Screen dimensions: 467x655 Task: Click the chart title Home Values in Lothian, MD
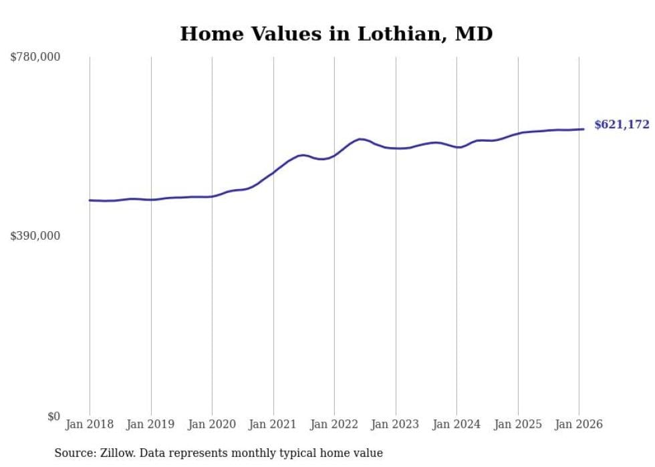pyautogui.click(x=336, y=34)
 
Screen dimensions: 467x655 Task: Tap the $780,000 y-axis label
pyautogui.click(x=35, y=57)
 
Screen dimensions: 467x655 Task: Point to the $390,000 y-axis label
pyautogui.click(x=35, y=236)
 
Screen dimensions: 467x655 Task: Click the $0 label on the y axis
pyautogui.click(x=53, y=416)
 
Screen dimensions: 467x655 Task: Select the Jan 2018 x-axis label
pyautogui.click(x=90, y=425)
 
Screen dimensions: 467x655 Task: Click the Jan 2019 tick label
pyautogui.click(x=151, y=425)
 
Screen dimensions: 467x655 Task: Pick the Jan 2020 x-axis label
pyautogui.click(x=212, y=425)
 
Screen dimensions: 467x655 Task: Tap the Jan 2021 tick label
pyautogui.click(x=273, y=425)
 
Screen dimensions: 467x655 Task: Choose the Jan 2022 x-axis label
pyautogui.click(x=334, y=425)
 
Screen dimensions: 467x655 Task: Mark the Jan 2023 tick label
pyautogui.click(x=396, y=425)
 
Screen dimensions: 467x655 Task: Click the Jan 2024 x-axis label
pyautogui.click(x=456, y=425)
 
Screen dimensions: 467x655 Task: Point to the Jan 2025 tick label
pyautogui.click(x=518, y=425)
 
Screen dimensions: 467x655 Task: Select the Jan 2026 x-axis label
pyautogui.click(x=579, y=425)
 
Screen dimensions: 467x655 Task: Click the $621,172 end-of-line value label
pyautogui.click(x=622, y=125)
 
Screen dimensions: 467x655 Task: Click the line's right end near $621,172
pyautogui.click(x=583, y=129)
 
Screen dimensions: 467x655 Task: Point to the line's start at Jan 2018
pyautogui.click(x=90, y=200)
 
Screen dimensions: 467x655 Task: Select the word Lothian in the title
pyautogui.click(x=400, y=34)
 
